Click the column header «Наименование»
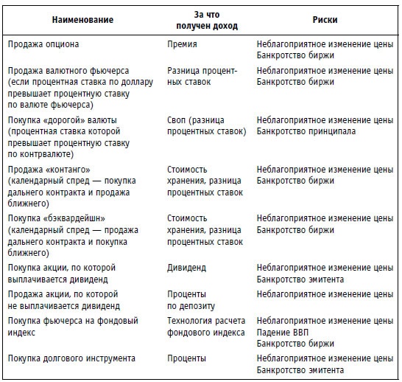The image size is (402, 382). [84, 20]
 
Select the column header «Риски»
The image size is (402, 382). [325, 20]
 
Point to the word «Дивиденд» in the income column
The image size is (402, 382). [187, 268]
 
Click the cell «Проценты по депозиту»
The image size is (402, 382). [191, 299]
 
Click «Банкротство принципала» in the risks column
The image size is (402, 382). [306, 131]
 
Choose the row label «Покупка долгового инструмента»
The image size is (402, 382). [71, 358]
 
